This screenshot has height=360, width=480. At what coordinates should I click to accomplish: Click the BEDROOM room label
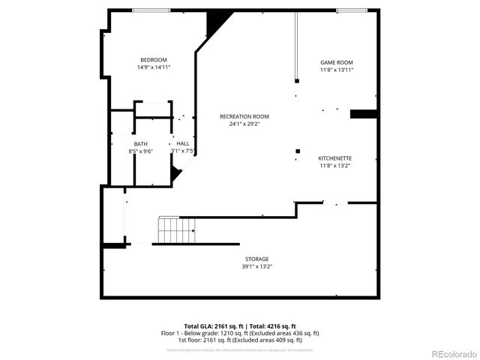(154, 60)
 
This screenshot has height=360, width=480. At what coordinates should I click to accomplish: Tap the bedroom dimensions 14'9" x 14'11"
(154, 67)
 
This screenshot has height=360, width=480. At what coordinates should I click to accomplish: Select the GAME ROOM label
(337, 62)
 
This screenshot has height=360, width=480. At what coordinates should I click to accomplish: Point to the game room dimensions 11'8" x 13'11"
(337, 70)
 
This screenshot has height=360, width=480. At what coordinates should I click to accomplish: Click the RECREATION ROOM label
(244, 116)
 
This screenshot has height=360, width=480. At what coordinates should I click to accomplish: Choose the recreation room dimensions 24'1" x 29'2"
(244, 124)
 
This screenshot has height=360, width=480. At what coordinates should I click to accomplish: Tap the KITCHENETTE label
(335, 158)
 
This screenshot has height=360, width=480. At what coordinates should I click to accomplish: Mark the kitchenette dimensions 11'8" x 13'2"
(335, 166)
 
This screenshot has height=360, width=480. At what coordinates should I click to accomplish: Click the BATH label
(141, 144)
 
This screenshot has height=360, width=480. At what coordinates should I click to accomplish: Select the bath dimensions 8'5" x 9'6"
(141, 151)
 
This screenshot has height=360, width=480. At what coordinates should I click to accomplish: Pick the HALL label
(183, 143)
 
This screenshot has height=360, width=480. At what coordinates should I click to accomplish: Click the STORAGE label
(256, 259)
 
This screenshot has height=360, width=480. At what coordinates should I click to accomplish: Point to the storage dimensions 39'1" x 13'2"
(256, 266)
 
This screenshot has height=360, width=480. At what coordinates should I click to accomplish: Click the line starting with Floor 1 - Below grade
(240, 333)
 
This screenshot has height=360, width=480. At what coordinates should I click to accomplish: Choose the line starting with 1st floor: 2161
(240, 340)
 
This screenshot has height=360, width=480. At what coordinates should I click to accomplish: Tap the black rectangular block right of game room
(362, 114)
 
